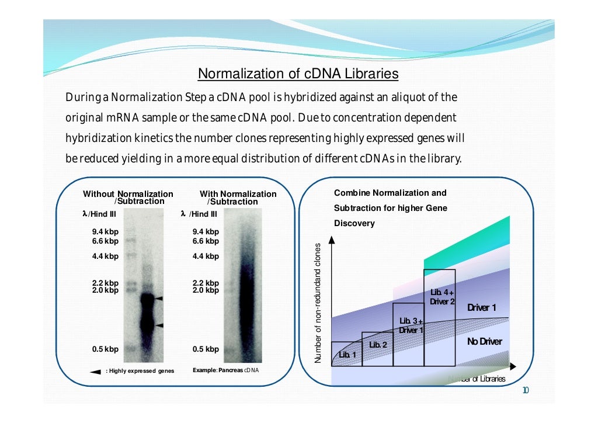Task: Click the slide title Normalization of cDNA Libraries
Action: pos(298,74)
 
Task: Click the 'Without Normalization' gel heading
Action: pos(128,194)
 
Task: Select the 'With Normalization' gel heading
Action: pos(238,194)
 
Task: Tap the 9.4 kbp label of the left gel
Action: pos(105,231)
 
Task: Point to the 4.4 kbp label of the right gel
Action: pos(206,256)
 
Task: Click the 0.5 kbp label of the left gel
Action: pos(105,349)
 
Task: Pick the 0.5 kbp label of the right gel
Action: pos(206,349)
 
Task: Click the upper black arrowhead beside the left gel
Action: pos(159,299)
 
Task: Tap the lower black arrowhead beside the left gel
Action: pos(159,325)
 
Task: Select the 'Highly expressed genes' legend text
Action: pos(140,371)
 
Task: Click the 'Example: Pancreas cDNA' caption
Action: pos(225,370)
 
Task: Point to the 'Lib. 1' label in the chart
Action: pos(347,355)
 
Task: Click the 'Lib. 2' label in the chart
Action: pos(378,345)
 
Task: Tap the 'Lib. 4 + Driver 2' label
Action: pos(442,297)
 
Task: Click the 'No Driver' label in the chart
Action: pos(484,341)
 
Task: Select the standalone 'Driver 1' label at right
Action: pos(481,308)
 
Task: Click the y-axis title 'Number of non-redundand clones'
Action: pos(318,302)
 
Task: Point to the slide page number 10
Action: pos(525,390)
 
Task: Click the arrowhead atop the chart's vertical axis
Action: pos(332,239)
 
